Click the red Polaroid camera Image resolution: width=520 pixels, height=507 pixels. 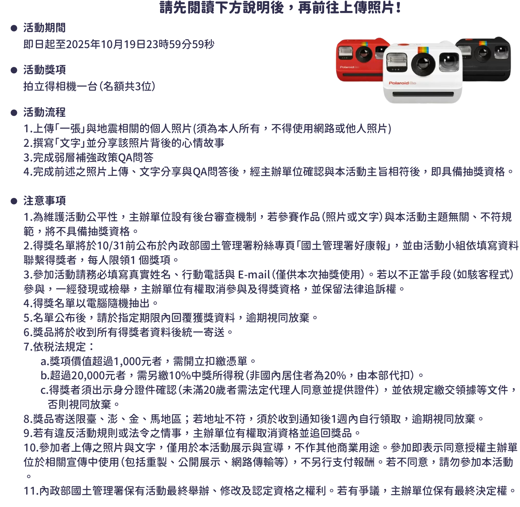pos(358,60)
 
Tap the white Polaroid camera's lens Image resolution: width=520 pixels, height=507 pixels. pos(423,65)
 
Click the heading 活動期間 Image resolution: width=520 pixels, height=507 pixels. pos(44,28)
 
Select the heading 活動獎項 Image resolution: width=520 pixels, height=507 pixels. pos(44,70)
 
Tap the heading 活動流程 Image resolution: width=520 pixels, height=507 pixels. pos(44,112)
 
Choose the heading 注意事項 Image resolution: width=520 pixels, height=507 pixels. pos(44,201)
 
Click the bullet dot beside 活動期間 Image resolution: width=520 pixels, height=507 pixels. pos(14,28)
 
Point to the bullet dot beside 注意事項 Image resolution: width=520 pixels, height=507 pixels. pos(14,201)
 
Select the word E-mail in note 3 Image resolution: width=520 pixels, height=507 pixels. pos(254,274)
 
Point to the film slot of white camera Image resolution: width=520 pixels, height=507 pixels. pos(423,94)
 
